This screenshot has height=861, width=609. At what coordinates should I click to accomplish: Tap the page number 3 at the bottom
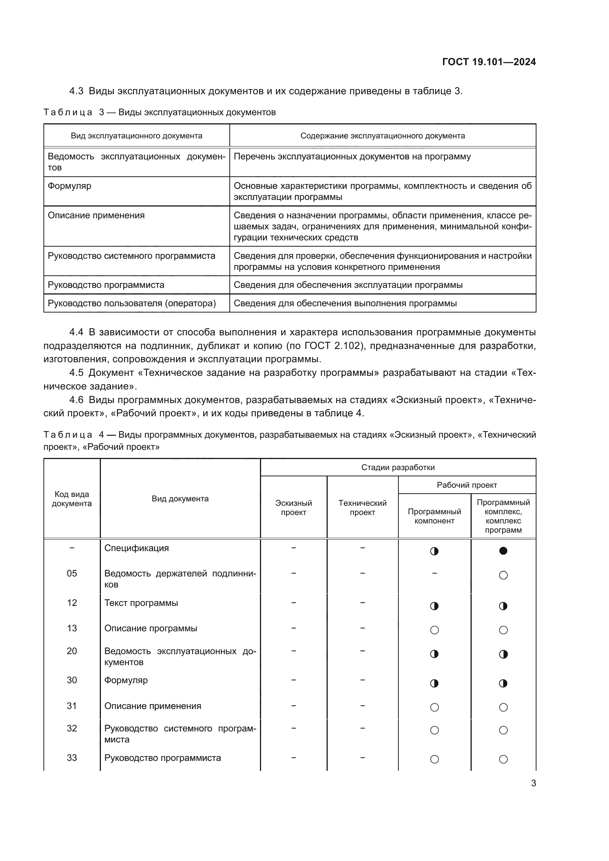click(x=533, y=783)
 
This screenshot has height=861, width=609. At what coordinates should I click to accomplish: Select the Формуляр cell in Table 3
click(x=69, y=186)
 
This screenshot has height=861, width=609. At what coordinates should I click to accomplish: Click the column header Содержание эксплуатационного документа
click(x=383, y=136)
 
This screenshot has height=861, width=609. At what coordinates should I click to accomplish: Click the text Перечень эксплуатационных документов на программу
click(x=352, y=157)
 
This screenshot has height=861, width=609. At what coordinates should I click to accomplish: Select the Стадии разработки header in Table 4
click(x=398, y=467)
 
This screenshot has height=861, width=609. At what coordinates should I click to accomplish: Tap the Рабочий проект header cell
click(x=467, y=485)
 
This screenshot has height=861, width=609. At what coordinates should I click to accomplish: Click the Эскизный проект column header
click(x=293, y=508)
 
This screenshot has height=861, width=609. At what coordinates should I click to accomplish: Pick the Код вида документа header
click(x=72, y=499)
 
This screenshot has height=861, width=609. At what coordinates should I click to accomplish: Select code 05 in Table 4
click(x=72, y=574)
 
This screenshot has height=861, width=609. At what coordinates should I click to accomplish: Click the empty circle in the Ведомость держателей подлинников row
click(x=503, y=575)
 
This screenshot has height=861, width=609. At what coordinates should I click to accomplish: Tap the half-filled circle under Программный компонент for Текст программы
click(x=434, y=606)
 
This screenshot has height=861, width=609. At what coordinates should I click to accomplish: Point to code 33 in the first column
click(x=72, y=758)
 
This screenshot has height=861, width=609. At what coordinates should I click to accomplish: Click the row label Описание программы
click(x=150, y=628)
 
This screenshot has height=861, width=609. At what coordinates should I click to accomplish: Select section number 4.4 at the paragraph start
click(x=77, y=332)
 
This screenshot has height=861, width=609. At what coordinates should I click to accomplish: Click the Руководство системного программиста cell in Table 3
click(x=131, y=256)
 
